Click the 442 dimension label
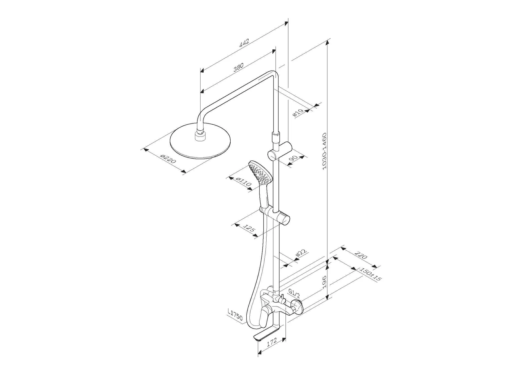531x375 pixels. pyautogui.click(x=244, y=43)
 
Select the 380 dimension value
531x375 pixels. pyautogui.click(x=238, y=67)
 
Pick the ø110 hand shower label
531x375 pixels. pyautogui.click(x=243, y=182)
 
